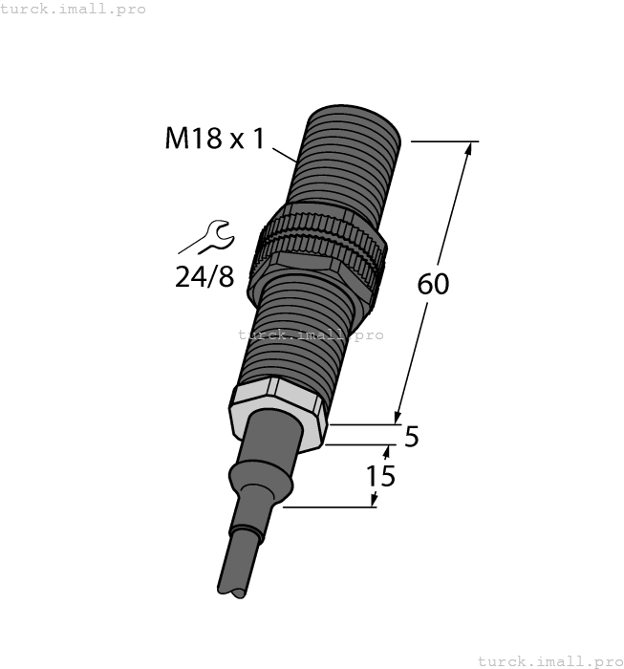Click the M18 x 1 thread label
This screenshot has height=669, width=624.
click(214, 139)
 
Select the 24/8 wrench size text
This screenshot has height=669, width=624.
click(204, 277)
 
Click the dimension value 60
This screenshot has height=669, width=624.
click(433, 284)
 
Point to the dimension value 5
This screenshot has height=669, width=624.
click(412, 437)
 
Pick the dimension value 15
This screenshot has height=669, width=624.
click(380, 475)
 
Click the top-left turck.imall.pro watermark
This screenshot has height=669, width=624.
click(74, 9)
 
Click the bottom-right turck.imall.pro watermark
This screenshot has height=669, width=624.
click(549, 660)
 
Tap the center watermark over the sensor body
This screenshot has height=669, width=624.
click(311, 334)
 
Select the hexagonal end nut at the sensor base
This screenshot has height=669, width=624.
click(278, 412)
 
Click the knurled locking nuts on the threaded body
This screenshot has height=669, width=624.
click(319, 249)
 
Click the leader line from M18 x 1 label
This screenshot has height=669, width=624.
click(286, 154)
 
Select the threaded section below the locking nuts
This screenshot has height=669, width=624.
click(291, 334)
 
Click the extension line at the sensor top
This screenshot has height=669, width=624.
click(444, 141)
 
